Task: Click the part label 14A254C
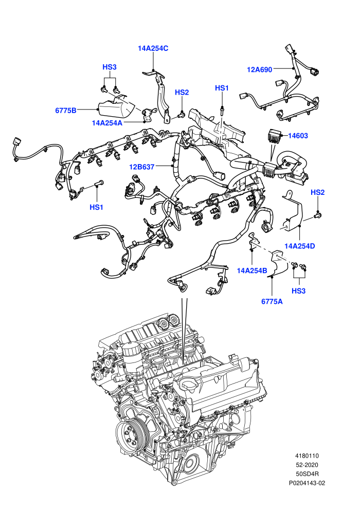click(153, 48)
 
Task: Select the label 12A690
click(259, 69)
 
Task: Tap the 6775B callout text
click(66, 111)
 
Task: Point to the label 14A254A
click(107, 123)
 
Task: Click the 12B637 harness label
click(141, 167)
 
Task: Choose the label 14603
click(298, 136)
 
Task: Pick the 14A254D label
click(300, 246)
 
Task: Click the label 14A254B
click(252, 270)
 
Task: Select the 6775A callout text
click(272, 302)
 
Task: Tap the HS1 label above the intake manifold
click(222, 88)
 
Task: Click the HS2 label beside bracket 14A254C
click(182, 93)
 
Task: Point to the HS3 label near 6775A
click(298, 291)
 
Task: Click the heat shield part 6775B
click(117, 106)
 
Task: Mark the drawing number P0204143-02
click(307, 483)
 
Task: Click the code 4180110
click(307, 456)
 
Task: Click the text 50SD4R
click(307, 474)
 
